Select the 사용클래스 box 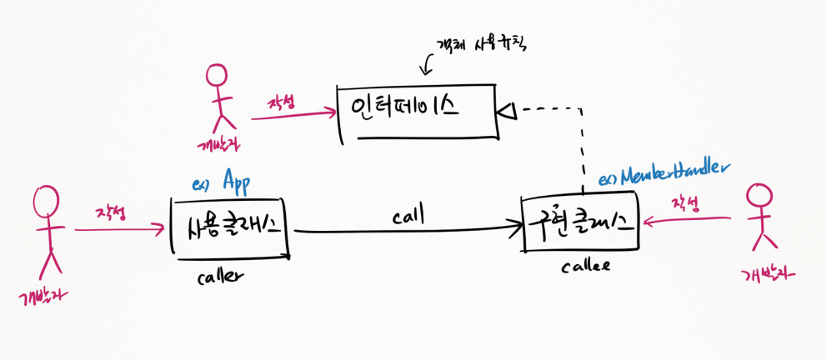point(228,227)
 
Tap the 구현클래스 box point(579,222)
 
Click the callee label point(584,266)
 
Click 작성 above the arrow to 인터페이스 point(283,103)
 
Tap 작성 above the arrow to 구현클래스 point(687,203)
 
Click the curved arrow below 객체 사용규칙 point(429,62)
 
